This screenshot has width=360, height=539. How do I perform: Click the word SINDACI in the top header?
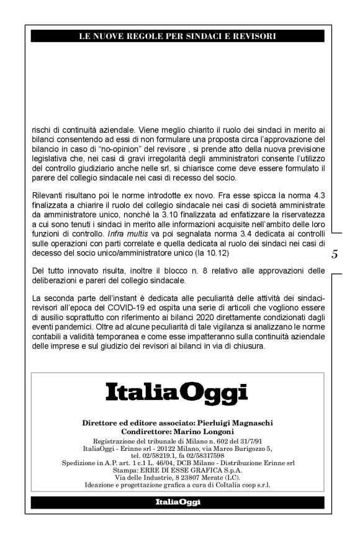click(x=193, y=37)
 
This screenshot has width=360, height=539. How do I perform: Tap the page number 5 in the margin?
click(x=335, y=254)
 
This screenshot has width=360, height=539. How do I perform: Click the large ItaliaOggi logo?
click(x=176, y=392)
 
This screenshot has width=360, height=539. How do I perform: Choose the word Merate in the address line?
click(x=205, y=477)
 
